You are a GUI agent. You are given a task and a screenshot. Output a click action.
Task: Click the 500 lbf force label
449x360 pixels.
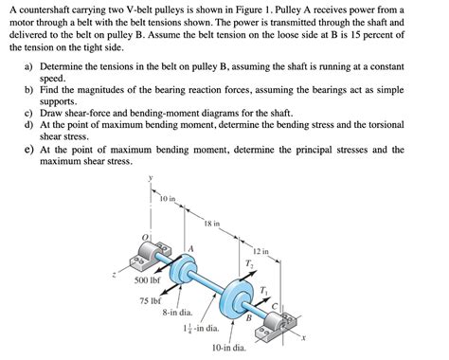(x=148, y=279)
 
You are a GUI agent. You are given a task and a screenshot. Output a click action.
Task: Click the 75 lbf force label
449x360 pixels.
(x=151, y=300)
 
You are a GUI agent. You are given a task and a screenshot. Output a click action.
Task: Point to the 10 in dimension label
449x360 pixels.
(x=168, y=199)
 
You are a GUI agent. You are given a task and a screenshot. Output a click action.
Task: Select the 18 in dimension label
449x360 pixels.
(x=212, y=224)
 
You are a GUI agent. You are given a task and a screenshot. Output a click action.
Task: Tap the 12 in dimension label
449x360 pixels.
(x=261, y=251)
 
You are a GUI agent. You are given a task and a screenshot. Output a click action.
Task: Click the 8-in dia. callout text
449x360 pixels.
(x=177, y=313)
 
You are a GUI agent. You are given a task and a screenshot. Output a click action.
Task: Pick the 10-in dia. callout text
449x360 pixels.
(x=229, y=348)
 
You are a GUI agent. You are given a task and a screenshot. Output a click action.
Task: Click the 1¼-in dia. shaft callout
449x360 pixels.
(x=201, y=328)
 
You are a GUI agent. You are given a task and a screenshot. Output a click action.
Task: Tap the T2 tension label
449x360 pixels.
(x=249, y=263)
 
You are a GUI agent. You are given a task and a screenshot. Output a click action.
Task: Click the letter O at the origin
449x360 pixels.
(x=145, y=237)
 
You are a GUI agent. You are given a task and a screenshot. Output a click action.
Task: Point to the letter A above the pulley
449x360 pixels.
(x=190, y=249)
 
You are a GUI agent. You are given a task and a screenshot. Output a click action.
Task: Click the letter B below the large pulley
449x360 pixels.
(x=249, y=317)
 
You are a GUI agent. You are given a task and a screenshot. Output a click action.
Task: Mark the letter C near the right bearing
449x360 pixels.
(x=275, y=306)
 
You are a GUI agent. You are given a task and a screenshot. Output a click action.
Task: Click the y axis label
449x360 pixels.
(x=151, y=178)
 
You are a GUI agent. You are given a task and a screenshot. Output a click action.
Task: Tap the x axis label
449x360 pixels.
(x=303, y=338)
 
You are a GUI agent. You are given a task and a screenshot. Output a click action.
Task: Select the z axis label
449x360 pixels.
(x=114, y=275)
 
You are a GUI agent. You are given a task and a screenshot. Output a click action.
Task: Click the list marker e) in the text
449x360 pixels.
(x=28, y=149)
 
